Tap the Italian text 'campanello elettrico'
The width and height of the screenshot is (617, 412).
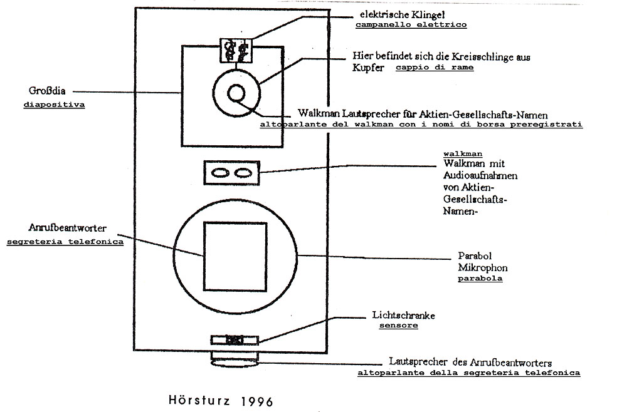point(411,25)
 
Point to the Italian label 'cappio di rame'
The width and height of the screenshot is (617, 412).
point(435,68)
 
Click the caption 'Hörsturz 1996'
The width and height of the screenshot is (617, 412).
point(221,399)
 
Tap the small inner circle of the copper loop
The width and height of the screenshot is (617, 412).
point(236,93)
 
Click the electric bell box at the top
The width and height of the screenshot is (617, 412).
point(235,50)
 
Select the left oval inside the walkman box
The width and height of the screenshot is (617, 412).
point(220,172)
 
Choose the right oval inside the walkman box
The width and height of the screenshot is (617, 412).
point(242,172)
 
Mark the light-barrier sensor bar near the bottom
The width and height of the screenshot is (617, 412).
point(233,340)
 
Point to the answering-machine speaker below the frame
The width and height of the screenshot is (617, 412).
point(233,361)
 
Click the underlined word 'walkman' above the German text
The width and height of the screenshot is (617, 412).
point(463,153)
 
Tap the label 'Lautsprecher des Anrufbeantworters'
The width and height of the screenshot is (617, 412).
point(470,363)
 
